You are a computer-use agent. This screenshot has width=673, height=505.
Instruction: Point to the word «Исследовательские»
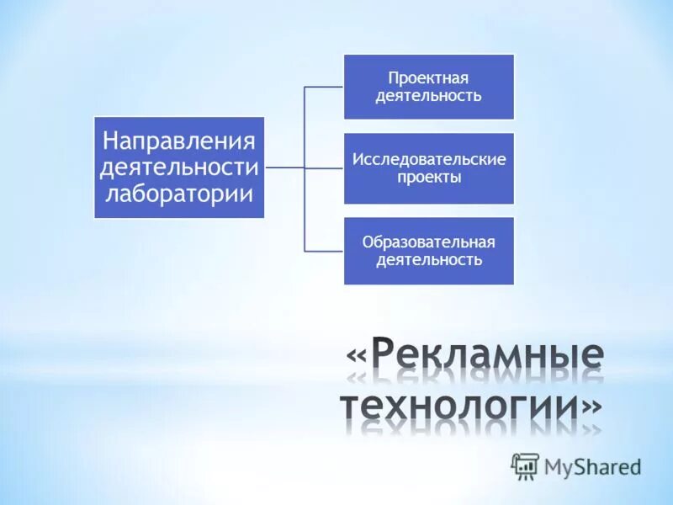coord(429,159)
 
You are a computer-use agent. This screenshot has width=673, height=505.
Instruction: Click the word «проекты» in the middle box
coord(429,178)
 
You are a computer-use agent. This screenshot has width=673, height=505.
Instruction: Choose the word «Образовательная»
coord(429,242)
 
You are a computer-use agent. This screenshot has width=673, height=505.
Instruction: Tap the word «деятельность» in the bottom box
coord(429,260)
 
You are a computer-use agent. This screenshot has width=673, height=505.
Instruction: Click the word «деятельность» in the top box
coord(429,95)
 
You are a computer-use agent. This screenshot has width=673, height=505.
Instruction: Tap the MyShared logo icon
coord(525,465)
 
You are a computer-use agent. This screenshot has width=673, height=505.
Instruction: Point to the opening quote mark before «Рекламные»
coord(357,357)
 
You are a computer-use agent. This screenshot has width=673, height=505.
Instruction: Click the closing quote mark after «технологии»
coord(591,407)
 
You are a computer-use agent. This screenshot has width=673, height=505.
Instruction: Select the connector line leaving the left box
coord(284,167)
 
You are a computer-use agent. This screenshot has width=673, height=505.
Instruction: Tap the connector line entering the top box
coord(324,86)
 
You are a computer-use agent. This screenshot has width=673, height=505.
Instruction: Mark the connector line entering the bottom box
coord(324,251)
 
